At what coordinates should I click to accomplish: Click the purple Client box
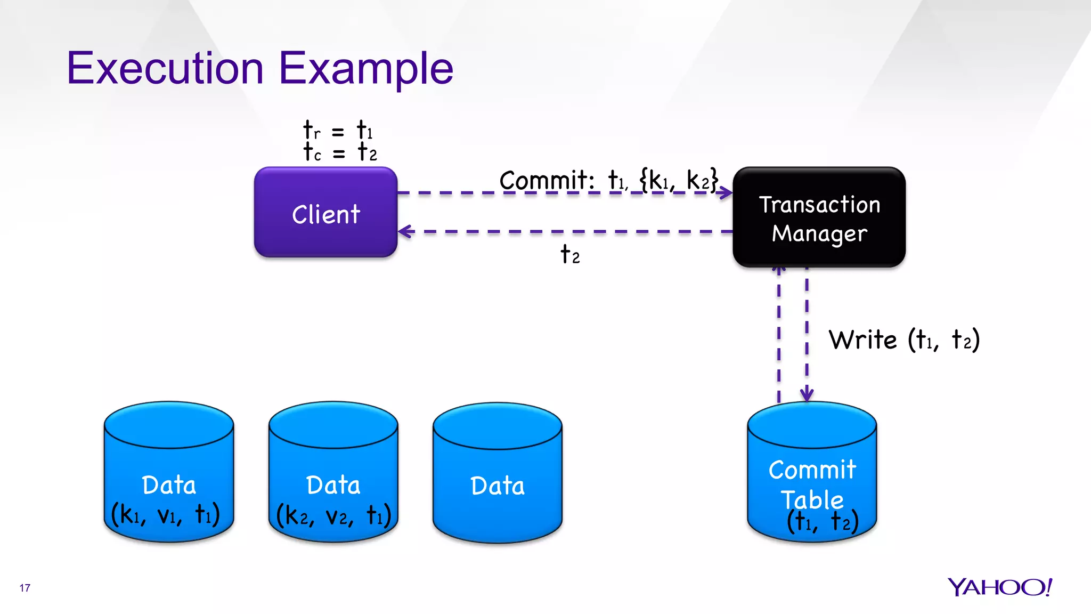click(x=325, y=213)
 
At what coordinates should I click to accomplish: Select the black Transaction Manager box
click(x=819, y=217)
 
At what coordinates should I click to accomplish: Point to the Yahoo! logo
click(x=999, y=587)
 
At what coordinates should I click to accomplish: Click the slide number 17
click(x=25, y=588)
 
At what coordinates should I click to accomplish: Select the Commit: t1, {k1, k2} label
click(x=608, y=180)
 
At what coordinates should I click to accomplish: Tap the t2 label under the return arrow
click(x=570, y=255)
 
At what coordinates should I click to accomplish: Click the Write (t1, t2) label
click(x=904, y=340)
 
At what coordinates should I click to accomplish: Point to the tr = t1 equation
click(x=338, y=131)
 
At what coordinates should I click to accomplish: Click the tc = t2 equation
click(x=340, y=152)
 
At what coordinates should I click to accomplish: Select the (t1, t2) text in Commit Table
click(x=823, y=521)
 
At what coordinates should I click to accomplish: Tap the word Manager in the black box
click(x=819, y=233)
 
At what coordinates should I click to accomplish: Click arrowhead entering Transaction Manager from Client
click(x=726, y=192)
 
